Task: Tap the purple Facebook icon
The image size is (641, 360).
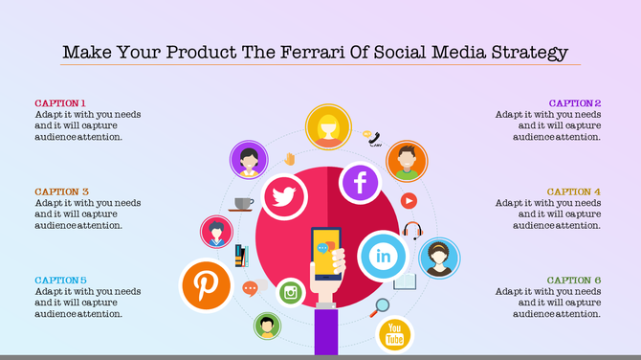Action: [361, 182]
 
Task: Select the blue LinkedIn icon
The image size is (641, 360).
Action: [383, 257]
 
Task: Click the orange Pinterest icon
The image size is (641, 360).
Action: [207, 285]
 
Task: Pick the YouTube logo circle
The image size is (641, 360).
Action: [393, 335]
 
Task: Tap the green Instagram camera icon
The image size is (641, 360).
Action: [291, 293]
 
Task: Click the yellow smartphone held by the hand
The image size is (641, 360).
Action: [327, 253]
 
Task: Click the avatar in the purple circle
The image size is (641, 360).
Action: [249, 159]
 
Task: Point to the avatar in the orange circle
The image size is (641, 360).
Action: [408, 160]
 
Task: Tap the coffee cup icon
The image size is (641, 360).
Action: [243, 204]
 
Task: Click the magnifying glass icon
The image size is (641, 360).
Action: [382, 307]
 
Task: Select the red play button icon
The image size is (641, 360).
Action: [409, 201]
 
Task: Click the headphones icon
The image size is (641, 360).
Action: [412, 231]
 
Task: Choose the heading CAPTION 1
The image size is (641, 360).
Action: [61, 103]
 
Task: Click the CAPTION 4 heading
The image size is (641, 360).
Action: [574, 191]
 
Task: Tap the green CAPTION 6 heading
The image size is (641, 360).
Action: [574, 281]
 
